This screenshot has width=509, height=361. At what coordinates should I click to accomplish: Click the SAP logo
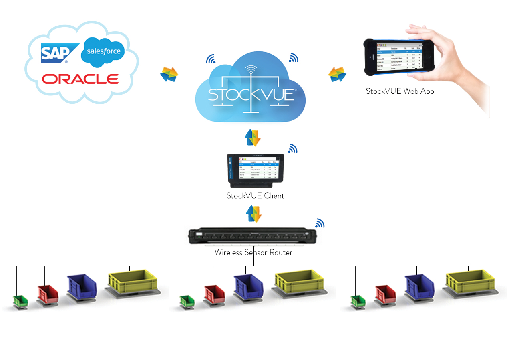(x=55, y=54)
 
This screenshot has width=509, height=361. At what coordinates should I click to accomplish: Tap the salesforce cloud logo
(x=103, y=52)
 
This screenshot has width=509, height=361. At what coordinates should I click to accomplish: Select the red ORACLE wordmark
(x=80, y=79)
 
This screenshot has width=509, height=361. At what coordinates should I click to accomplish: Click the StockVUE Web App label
(x=400, y=91)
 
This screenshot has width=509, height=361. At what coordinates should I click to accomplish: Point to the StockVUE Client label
(x=255, y=196)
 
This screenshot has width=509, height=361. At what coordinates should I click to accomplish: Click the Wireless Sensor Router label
(x=253, y=253)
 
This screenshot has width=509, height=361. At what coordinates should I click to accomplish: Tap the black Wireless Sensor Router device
(x=253, y=236)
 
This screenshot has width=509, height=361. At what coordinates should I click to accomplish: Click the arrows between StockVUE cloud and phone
(x=337, y=74)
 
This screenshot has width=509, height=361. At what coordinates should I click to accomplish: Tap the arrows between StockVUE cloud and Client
(x=253, y=138)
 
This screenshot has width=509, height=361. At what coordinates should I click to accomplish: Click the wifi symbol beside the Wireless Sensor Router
(x=319, y=223)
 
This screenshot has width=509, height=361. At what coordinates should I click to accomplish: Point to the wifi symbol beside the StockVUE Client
(x=293, y=149)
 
